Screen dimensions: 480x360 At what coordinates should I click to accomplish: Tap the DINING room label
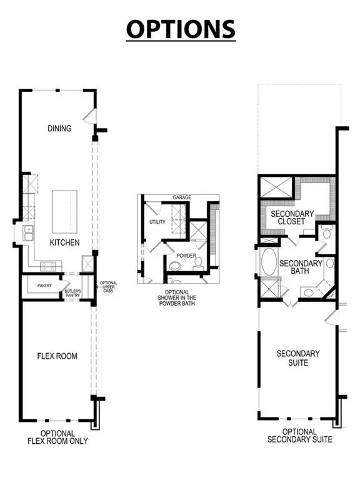point(60,129)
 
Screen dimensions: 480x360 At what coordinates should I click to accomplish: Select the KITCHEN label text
point(65,242)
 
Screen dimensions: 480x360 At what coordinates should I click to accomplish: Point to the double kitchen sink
point(27,234)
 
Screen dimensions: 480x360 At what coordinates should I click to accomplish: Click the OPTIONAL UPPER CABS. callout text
point(108,287)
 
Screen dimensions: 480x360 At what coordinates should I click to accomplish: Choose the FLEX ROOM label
point(57,356)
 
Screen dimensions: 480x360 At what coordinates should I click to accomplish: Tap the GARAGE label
point(182,197)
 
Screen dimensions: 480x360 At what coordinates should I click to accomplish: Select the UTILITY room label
point(157,222)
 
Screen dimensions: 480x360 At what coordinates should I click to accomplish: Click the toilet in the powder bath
point(176,266)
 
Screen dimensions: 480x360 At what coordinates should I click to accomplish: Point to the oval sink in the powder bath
point(199,266)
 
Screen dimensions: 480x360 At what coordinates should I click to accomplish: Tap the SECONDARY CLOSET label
point(288,217)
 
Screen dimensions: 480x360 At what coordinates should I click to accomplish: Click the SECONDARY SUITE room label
point(298,357)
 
